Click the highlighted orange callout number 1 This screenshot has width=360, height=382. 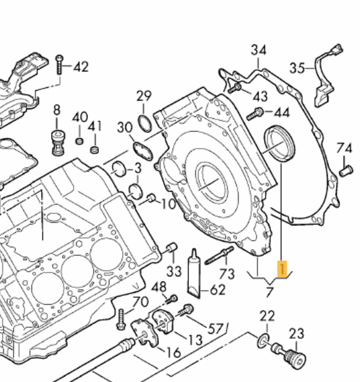(282, 269)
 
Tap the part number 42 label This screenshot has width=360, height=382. (80, 67)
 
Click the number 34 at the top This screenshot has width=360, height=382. (258, 50)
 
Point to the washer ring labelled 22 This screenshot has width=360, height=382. (262, 342)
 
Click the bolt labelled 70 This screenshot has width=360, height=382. (120, 319)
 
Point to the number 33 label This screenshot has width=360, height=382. (174, 271)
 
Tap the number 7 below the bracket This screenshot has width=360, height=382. (269, 292)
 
